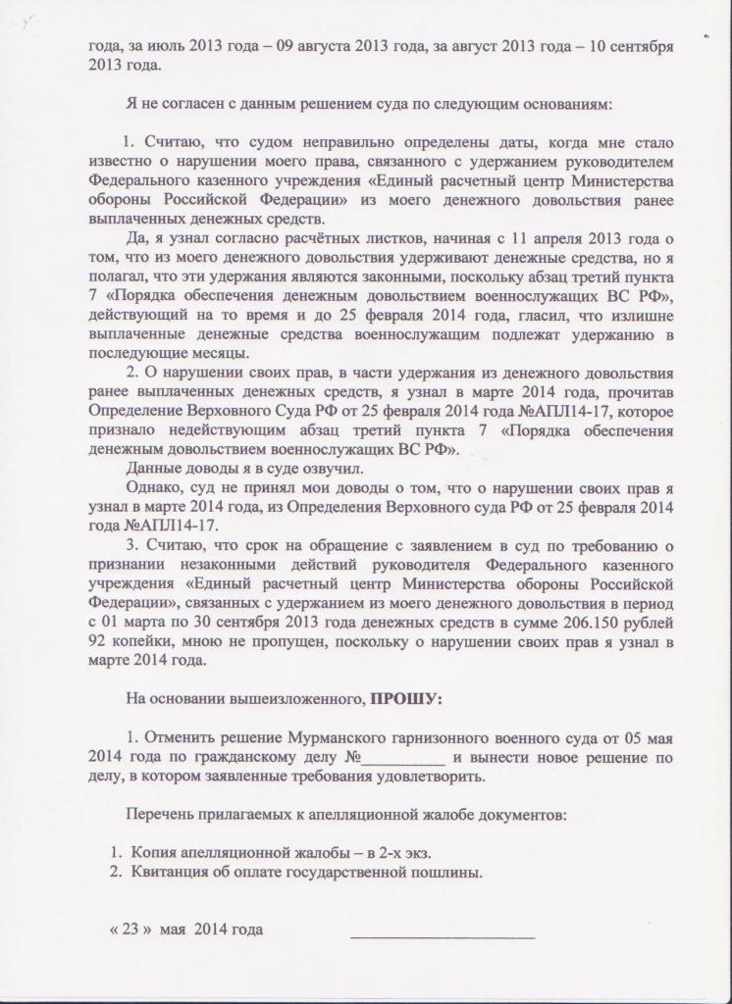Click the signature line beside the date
coord(443,935)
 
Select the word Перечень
coord(165,815)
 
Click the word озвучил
coord(297,469)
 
